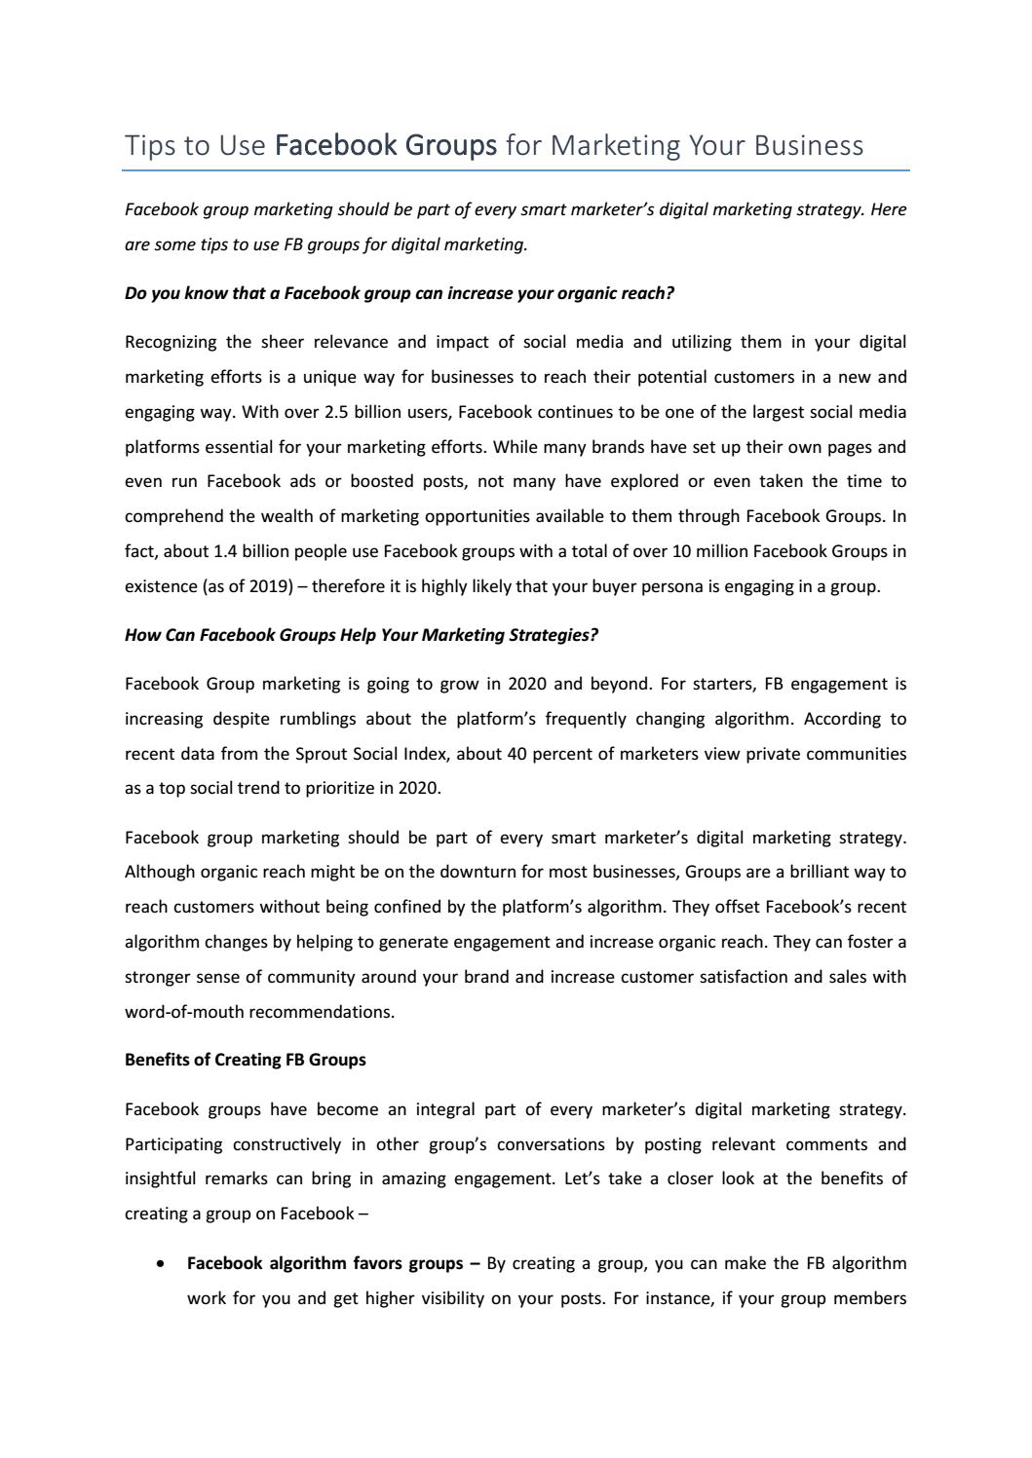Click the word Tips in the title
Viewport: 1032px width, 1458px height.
[146, 145]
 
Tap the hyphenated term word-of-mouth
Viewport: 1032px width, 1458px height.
[184, 1012]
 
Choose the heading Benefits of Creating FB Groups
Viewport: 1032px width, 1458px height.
[246, 1060]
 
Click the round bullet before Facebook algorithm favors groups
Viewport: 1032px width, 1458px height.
[160, 1264]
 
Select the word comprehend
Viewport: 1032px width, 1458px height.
[172, 517]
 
